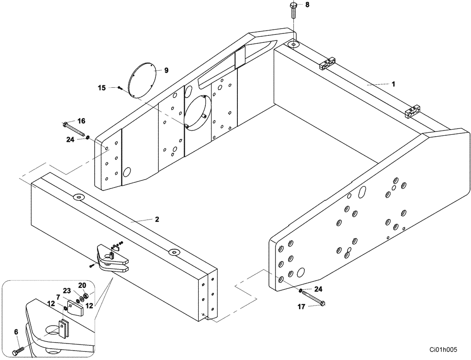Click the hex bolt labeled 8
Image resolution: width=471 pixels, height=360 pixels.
[293, 10]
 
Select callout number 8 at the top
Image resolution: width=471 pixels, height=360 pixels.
[307, 5]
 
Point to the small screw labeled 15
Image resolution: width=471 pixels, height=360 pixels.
[120, 88]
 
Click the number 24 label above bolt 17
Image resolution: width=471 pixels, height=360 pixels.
[319, 289]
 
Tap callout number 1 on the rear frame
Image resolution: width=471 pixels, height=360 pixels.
[393, 84]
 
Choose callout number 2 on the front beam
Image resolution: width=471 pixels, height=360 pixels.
[157, 220]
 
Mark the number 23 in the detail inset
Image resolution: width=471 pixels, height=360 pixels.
[67, 291]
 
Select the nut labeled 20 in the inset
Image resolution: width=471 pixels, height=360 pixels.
[86, 296]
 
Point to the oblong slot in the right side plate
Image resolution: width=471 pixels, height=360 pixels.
[362, 192]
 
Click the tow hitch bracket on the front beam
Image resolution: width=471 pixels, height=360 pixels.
[112, 260]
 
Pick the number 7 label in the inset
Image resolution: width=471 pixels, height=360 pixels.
[57, 297]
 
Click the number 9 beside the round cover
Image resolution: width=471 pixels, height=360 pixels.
[166, 70]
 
